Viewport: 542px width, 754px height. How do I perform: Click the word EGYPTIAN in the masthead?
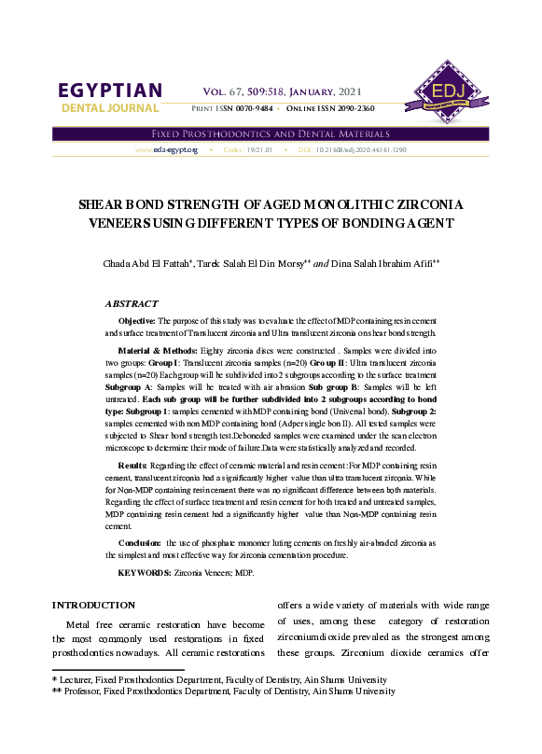110,91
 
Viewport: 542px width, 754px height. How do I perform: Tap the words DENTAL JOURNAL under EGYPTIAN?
110,109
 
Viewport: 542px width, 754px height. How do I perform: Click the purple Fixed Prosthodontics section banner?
271,133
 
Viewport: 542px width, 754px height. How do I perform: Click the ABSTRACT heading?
132,303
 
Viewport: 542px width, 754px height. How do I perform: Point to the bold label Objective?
137,320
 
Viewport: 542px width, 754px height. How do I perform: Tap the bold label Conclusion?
140,542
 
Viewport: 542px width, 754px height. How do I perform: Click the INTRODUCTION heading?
93,605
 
